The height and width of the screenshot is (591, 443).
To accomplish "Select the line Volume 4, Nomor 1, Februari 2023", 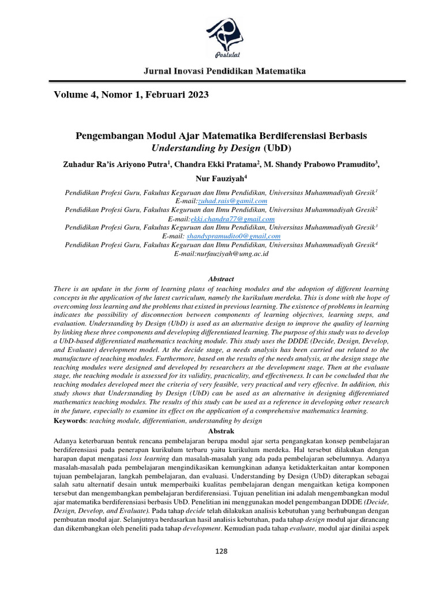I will tap(131, 94).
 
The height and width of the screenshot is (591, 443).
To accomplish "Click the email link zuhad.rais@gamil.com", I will tap(232, 201).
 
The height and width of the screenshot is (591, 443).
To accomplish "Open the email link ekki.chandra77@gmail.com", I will tap(232, 219).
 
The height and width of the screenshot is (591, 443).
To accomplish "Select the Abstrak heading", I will tap(221, 431).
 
